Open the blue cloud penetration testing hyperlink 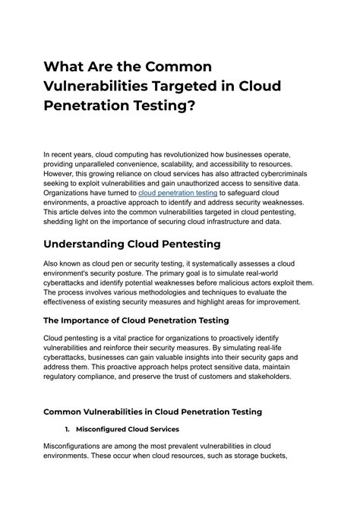pyautogui.click(x=176, y=194)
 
